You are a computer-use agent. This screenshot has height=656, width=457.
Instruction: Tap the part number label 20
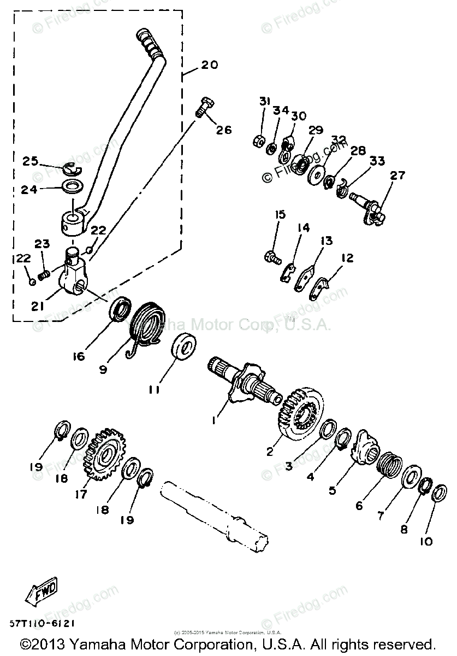[209, 65]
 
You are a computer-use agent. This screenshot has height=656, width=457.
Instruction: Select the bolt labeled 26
[205, 107]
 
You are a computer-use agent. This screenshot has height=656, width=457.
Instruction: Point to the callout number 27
[398, 175]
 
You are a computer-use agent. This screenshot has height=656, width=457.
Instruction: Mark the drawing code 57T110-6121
[41, 623]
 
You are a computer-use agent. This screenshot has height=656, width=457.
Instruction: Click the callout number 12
[348, 258]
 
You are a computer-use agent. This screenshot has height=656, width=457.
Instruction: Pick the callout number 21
[37, 307]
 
